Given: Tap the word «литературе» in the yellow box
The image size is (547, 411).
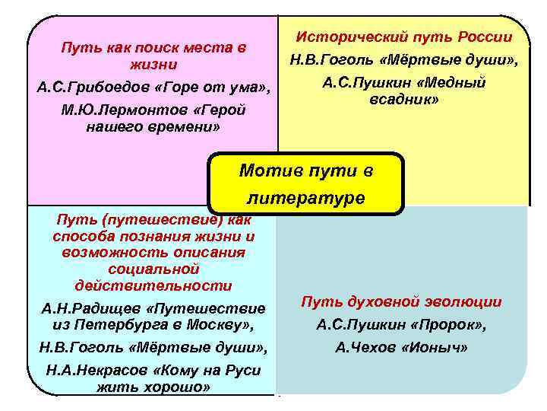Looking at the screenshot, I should (306, 198).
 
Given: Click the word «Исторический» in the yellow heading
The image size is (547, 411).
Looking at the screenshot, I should (340, 37).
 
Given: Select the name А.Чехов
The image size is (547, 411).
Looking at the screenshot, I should (365, 347).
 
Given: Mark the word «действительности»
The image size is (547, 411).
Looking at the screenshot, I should (153, 285).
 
